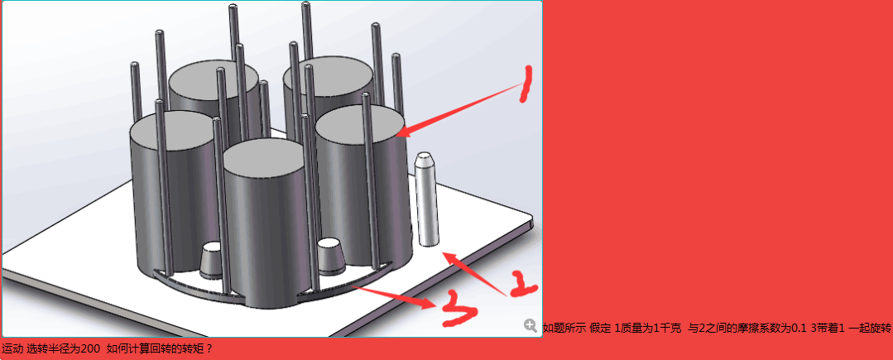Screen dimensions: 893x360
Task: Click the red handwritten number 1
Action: [x=526, y=84]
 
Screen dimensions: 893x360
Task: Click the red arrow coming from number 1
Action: [x=458, y=108]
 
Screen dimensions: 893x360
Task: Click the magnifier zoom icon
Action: [x=531, y=325]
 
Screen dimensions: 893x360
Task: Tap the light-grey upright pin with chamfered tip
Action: [x=427, y=199]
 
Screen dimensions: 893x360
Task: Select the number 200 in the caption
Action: [x=91, y=348]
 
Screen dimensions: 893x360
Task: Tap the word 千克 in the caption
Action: [x=670, y=328]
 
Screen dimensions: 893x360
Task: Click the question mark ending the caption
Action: [x=209, y=348]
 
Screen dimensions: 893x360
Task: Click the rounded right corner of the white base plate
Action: [x=529, y=219]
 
